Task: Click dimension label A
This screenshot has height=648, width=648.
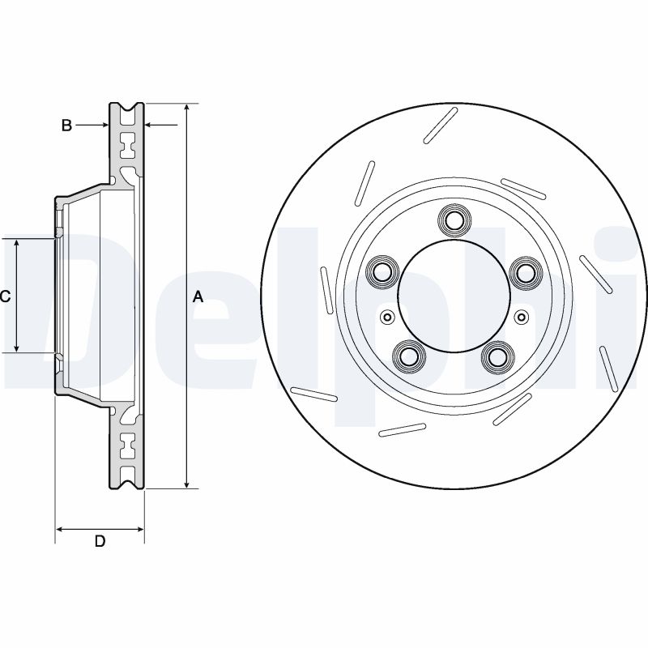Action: tap(198, 297)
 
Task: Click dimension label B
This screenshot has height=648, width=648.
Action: tap(67, 125)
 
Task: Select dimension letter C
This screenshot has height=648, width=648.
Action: tap(5, 296)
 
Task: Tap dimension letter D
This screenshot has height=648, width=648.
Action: tap(100, 541)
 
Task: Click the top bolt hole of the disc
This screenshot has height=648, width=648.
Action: tap(454, 220)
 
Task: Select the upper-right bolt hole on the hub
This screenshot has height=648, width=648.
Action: tap(526, 271)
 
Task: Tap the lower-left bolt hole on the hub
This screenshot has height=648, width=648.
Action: tap(409, 356)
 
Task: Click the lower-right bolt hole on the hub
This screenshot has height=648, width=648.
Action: tap(498, 356)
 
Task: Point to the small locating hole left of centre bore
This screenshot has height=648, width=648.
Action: tap(386, 317)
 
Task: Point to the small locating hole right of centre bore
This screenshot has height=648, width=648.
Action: tap(521, 317)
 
